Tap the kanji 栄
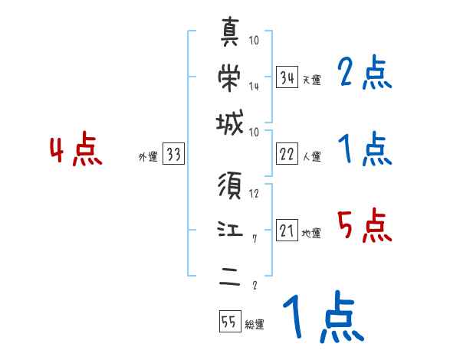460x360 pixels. tap(230, 75)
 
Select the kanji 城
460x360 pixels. tap(230, 123)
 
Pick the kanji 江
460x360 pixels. tap(230, 228)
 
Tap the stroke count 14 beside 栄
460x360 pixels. tap(254, 87)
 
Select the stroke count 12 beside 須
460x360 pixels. tap(254, 194)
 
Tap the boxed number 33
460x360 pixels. tap(172, 155)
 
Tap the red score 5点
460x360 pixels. tap(364, 225)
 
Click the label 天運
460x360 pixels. tap(311, 80)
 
